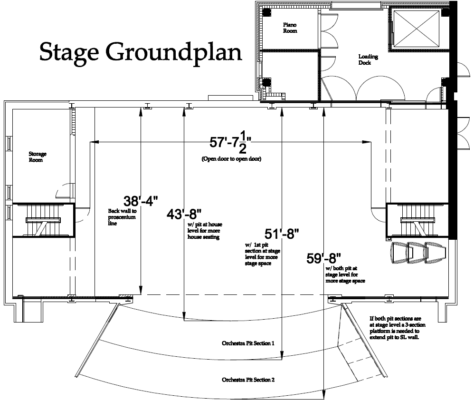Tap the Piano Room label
(290, 28)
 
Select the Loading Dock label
(368, 59)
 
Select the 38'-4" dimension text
(141, 201)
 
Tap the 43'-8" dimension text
(184, 215)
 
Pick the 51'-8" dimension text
(282, 234)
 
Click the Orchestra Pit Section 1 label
(248, 343)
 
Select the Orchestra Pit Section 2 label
(248, 380)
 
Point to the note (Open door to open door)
(231, 159)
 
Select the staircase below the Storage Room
(43, 220)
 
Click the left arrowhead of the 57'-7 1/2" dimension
(94, 142)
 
